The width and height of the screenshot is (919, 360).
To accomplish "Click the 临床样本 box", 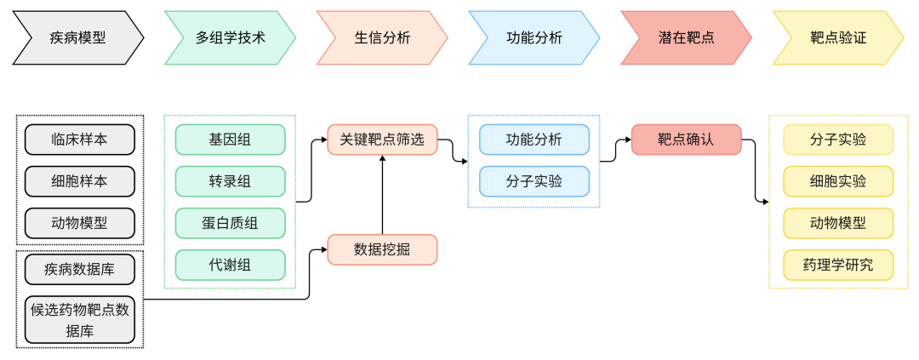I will coord(80,140).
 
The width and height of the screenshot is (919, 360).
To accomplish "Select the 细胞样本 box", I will coord(80,181).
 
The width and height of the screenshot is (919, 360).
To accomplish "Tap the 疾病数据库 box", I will coord(80,269).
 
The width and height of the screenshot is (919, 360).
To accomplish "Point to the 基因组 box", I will coord(230,140).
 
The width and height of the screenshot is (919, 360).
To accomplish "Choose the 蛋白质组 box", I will coord(230,223).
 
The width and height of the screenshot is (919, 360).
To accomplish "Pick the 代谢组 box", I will coord(230,265).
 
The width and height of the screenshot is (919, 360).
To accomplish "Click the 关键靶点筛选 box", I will coord(382,140).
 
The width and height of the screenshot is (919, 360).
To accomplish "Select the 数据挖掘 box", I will coord(382,249).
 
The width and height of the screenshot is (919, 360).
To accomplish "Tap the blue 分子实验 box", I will coord(534,181).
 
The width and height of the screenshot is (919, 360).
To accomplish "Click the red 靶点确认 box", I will coord(686,140).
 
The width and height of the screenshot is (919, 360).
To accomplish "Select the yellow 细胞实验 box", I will coord(838,181).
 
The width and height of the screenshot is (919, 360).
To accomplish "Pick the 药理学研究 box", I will coord(838,265).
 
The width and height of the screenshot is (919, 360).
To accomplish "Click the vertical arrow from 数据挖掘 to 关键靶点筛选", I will coord(382,195).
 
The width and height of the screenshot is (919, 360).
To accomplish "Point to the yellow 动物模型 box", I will coord(838,223).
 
